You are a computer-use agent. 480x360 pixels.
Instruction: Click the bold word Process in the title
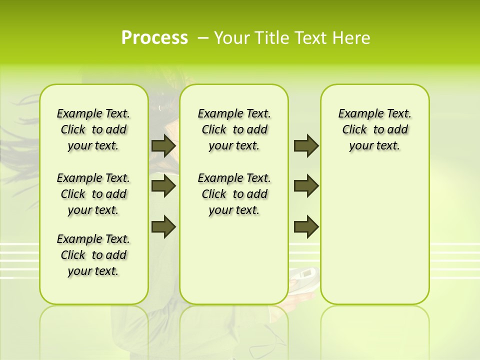[x=154, y=38]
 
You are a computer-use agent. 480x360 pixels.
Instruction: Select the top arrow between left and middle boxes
[x=163, y=146]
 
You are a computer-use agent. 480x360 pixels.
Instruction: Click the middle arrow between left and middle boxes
[x=163, y=186]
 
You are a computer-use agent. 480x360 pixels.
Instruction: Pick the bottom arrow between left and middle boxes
[x=163, y=226]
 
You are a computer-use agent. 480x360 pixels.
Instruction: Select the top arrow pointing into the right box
[x=306, y=146]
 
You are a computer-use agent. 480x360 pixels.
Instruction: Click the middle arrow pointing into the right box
[x=306, y=186]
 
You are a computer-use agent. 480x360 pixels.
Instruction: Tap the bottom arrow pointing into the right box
[x=306, y=226]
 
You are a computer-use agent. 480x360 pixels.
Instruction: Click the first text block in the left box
[x=93, y=129]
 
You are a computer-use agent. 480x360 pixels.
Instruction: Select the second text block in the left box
[x=93, y=194]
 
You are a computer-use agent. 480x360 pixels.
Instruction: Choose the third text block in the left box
[x=93, y=255]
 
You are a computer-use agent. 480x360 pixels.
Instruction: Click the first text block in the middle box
[x=234, y=129]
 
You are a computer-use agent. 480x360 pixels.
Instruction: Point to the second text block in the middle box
[x=234, y=194]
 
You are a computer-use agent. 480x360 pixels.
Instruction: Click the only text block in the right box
[x=375, y=129]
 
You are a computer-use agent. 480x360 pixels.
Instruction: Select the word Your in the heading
[x=232, y=38]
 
